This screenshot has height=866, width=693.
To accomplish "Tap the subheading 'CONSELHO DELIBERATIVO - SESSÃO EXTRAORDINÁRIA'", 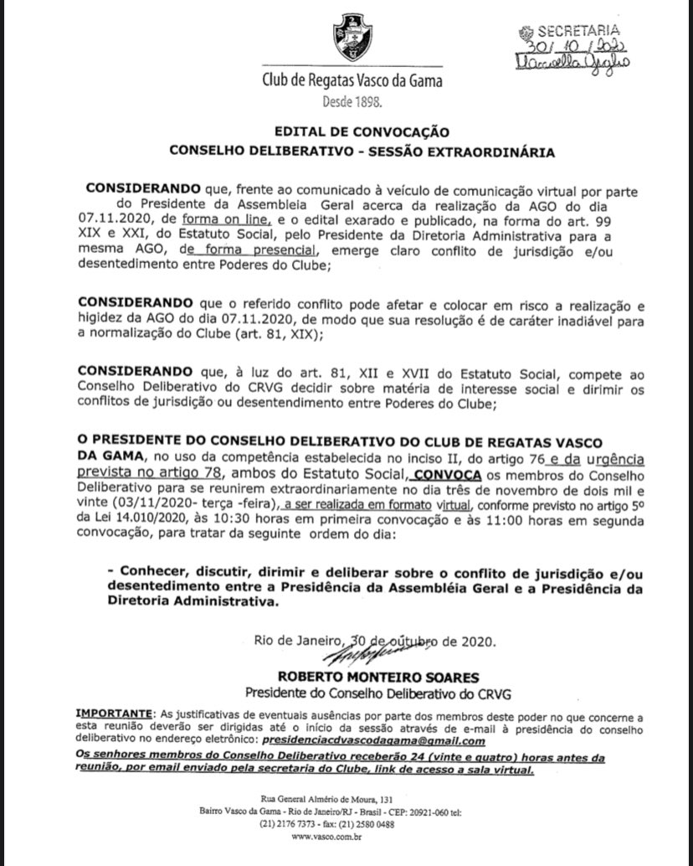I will [x=362, y=152].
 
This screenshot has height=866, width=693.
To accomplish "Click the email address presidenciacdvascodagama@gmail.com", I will [x=373, y=741].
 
